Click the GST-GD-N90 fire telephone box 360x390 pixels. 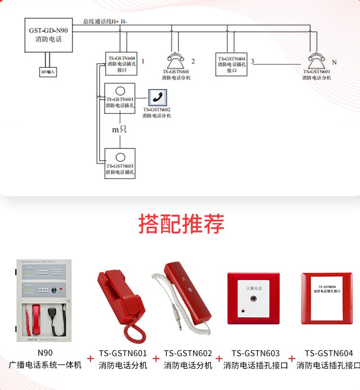[x=48, y=35]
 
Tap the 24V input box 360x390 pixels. [x=49, y=72]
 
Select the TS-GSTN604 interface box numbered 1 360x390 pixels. [x=121, y=64]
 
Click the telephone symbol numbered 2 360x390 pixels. [x=176, y=61]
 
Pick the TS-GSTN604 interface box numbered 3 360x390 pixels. [x=232, y=64]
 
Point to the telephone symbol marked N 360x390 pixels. [x=316, y=61]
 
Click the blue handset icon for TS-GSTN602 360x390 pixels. [x=157, y=97]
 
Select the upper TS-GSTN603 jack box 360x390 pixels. [x=120, y=98]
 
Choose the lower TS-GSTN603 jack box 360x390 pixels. [x=120, y=162]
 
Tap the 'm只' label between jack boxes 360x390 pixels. [x=119, y=130]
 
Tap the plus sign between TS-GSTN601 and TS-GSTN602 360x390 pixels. [x=156, y=359]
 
